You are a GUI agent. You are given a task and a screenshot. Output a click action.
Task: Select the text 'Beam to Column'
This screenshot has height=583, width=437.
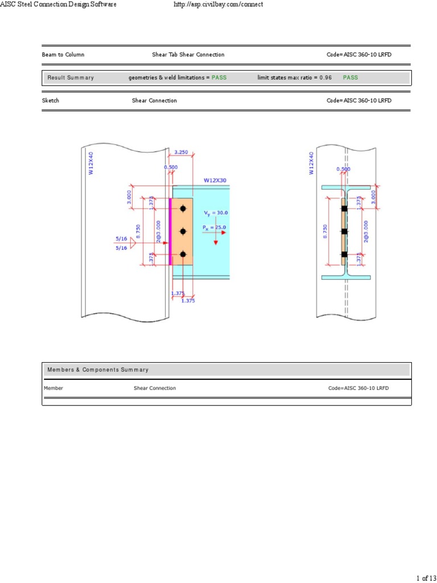63,55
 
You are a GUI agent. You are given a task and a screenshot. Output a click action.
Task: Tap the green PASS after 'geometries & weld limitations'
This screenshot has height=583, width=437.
219,77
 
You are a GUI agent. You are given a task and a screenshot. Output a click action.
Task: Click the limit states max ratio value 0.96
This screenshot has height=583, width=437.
325,77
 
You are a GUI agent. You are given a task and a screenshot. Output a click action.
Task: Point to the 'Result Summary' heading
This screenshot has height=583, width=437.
71,77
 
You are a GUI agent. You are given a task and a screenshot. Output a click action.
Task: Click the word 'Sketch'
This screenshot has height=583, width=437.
51,101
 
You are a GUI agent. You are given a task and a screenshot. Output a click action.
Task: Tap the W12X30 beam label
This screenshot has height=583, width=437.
215,180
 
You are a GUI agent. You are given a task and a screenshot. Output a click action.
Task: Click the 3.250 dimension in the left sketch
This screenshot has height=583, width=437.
180,152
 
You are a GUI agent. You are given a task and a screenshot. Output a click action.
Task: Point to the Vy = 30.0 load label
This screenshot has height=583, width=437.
216,213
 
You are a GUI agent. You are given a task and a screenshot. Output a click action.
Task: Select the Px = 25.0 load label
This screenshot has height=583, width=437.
214,228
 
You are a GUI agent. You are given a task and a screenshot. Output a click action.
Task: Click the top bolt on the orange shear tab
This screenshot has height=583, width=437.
183,208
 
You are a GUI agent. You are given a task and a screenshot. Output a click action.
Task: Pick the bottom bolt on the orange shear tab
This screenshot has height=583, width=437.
183,254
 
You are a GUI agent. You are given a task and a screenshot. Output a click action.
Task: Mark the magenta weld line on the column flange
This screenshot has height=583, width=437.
170,231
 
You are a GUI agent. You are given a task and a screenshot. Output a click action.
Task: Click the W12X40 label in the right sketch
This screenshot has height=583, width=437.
311,163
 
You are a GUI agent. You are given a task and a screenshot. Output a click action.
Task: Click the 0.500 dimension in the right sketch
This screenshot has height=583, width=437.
343,169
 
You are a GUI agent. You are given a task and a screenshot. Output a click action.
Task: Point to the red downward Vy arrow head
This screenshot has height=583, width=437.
216,242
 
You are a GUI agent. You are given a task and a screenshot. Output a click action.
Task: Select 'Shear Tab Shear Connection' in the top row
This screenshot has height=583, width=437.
188,55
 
